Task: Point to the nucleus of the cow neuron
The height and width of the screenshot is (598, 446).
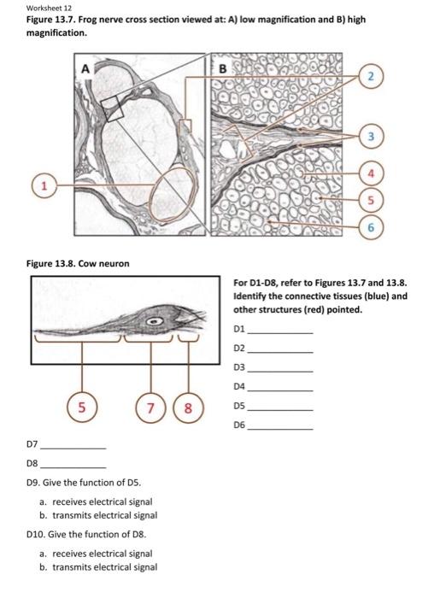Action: point(156,322)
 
